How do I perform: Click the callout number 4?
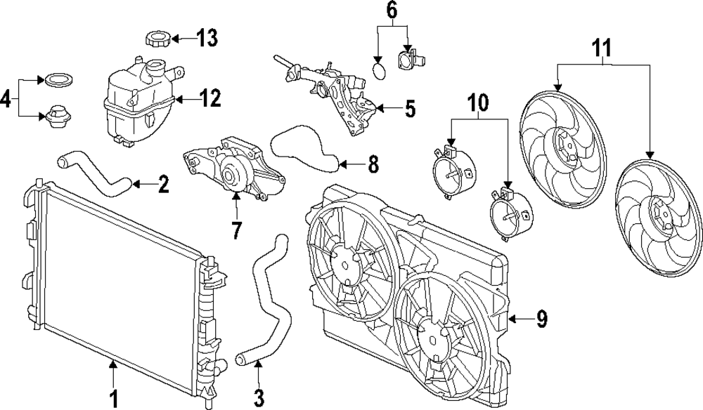6,99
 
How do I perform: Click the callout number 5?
410,109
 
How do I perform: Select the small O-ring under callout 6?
379,72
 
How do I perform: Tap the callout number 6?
392,11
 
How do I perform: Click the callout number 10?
478,103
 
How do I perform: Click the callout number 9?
541,319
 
